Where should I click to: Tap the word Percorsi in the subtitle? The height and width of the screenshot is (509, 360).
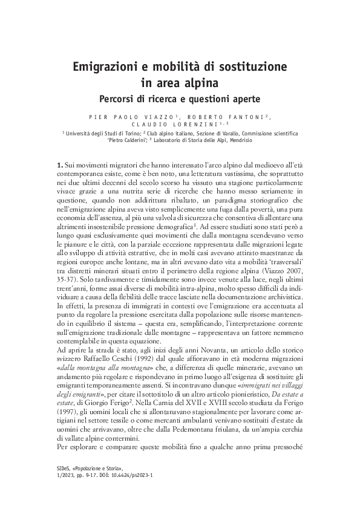pyautogui.click(x=120, y=97)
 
